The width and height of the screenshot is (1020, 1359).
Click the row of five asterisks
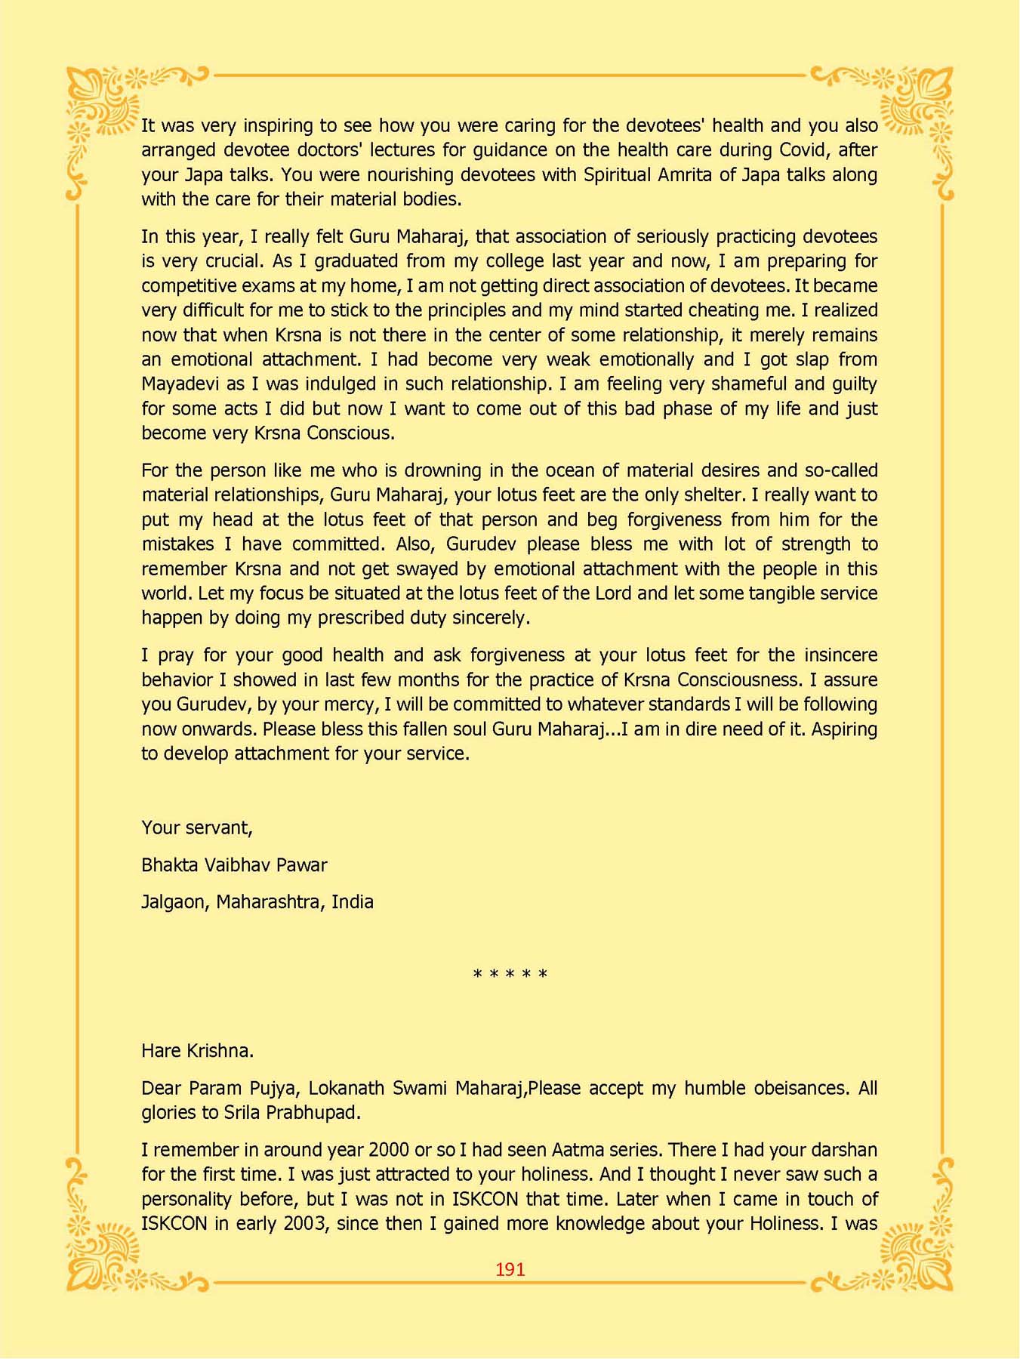510,975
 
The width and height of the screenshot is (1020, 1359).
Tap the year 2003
306,1224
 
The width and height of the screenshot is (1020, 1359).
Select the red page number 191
510,1269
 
